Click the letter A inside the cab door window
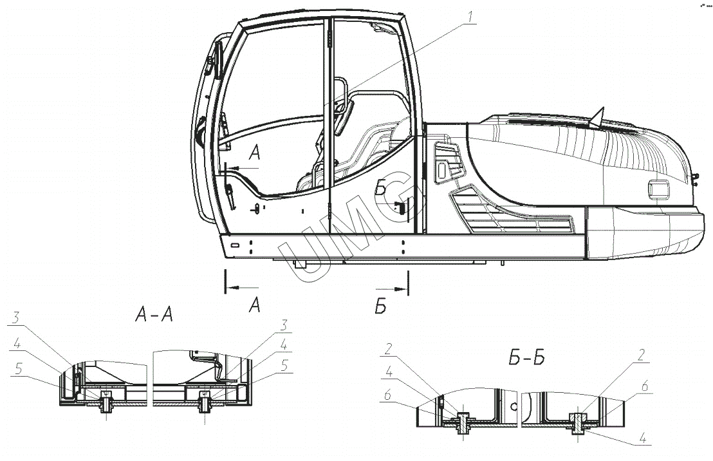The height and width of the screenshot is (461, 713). (254, 153)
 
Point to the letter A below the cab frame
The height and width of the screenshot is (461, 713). (254, 305)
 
